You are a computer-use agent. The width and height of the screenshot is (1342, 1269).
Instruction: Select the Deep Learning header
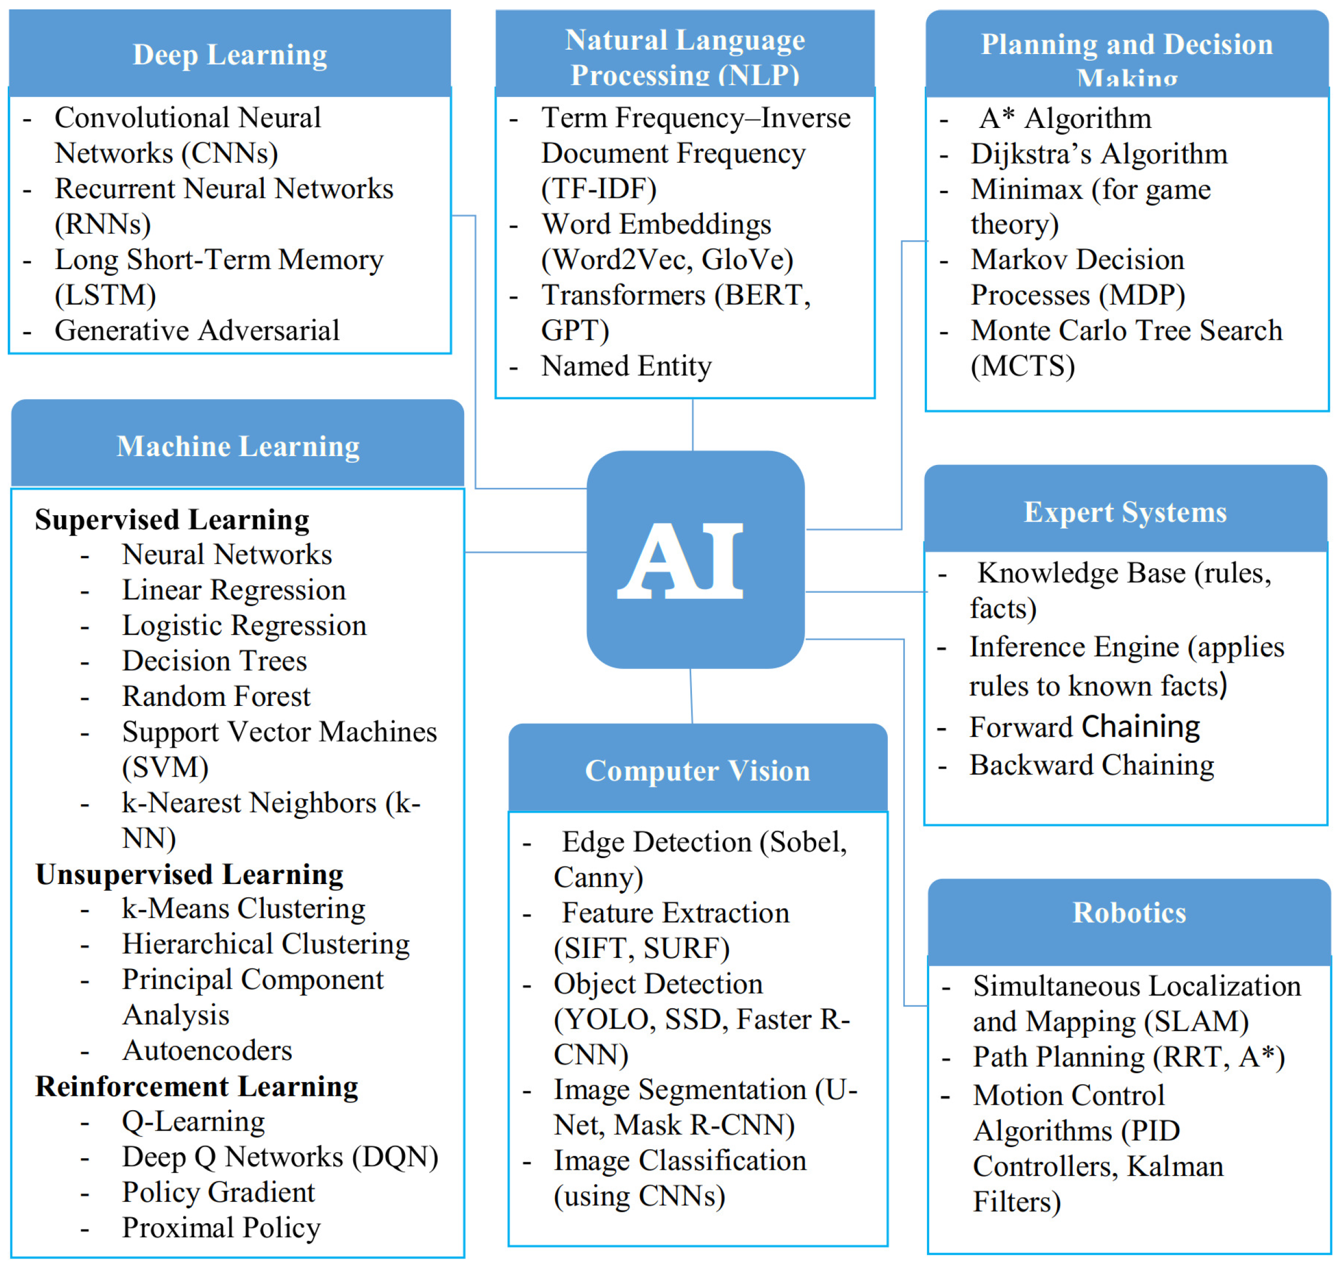point(230,55)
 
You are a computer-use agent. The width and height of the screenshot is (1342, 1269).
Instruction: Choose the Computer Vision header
point(697,770)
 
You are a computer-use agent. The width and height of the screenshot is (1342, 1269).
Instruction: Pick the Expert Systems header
point(1125,512)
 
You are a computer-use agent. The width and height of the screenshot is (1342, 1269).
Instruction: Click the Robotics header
point(1129,913)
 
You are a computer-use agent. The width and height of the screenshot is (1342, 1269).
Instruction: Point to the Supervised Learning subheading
point(172,520)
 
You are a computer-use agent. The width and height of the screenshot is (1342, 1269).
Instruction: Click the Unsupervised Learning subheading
point(189,874)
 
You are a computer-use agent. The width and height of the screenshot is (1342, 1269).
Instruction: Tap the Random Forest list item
point(216,696)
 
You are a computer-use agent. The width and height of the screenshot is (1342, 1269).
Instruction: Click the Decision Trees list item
point(214,661)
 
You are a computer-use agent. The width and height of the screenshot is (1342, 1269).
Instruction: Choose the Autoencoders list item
point(207,1051)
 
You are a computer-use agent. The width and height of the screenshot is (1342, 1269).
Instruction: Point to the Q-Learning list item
point(193,1122)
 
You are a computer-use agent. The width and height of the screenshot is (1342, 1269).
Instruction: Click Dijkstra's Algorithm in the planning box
point(1098,154)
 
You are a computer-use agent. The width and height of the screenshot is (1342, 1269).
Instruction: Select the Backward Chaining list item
point(1091,765)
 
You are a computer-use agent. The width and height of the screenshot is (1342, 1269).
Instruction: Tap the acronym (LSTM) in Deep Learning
point(105,295)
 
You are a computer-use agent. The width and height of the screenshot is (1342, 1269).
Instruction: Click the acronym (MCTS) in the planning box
point(1023,366)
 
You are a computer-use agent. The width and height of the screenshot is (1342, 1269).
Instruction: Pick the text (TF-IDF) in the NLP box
point(598,189)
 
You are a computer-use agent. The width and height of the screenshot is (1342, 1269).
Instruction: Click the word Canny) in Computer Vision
point(598,877)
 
